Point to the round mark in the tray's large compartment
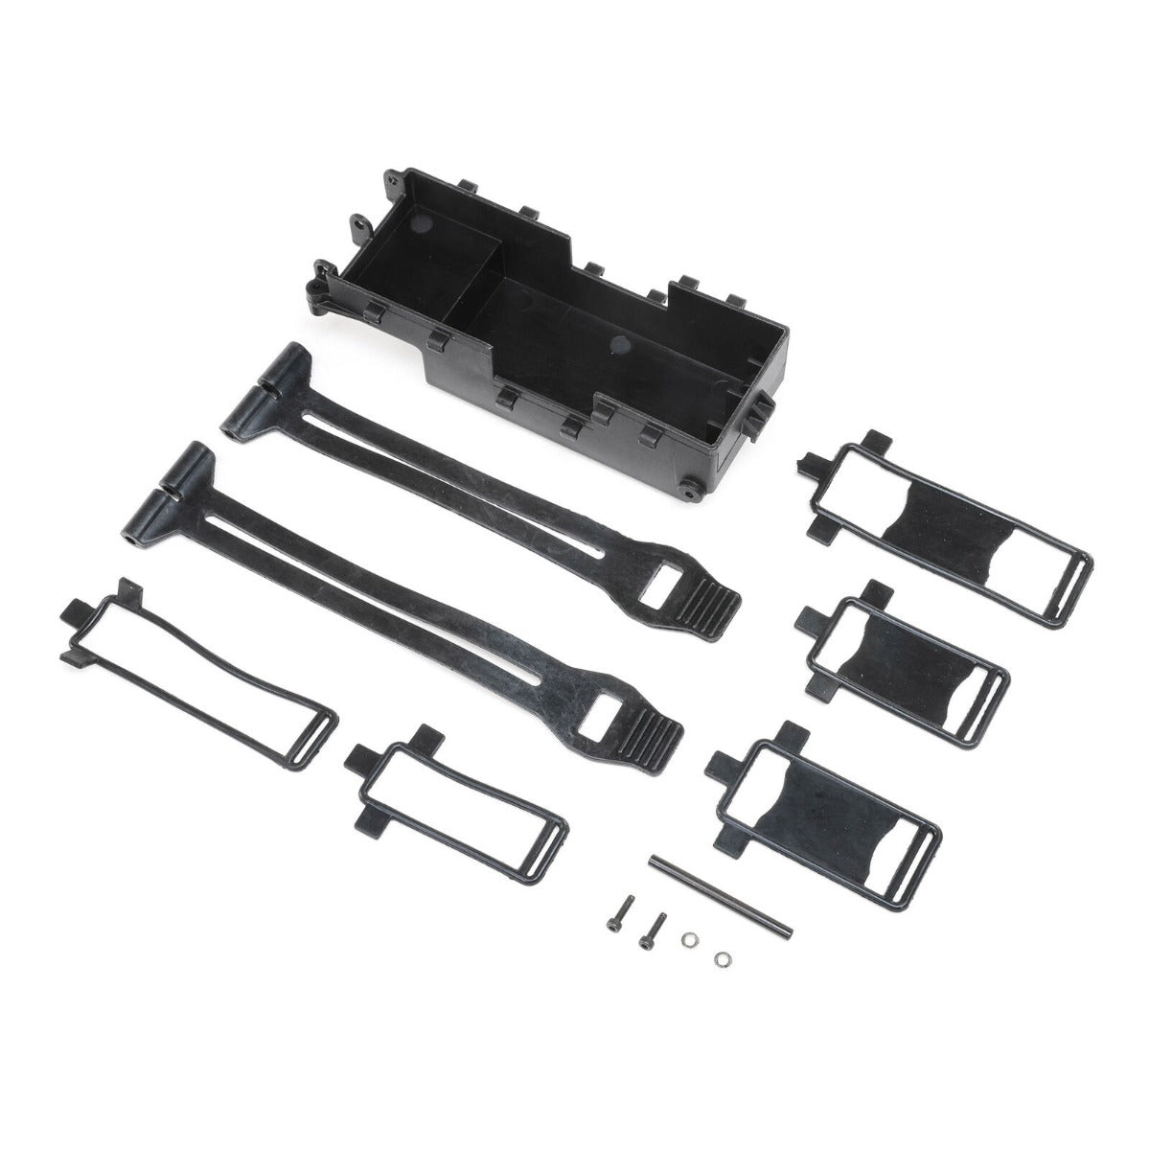(618, 343)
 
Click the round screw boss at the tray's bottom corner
(689, 492)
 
